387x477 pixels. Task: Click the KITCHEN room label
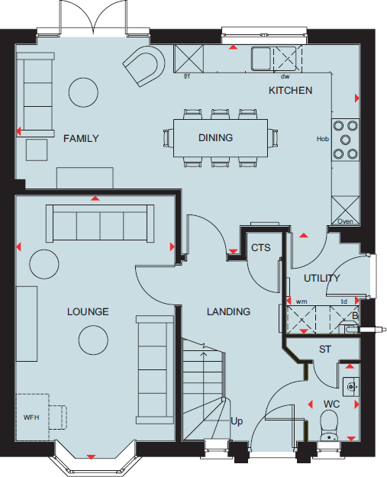(x=290, y=90)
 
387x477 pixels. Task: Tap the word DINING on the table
(x=215, y=138)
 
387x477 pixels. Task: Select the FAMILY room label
(x=81, y=138)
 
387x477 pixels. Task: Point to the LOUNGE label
(x=88, y=311)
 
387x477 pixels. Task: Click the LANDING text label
(x=229, y=311)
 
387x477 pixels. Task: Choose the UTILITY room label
(x=322, y=278)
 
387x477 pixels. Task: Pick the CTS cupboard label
(x=260, y=248)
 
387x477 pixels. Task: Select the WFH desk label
(x=31, y=417)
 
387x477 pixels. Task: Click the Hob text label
(x=322, y=139)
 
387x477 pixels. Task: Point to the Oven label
(x=345, y=222)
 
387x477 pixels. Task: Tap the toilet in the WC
(x=331, y=424)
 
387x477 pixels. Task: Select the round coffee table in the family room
(x=84, y=92)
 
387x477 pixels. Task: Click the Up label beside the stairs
(x=237, y=421)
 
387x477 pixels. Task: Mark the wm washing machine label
(x=301, y=301)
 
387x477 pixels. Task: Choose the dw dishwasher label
(x=285, y=76)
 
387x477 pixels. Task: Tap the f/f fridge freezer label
(x=187, y=76)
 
